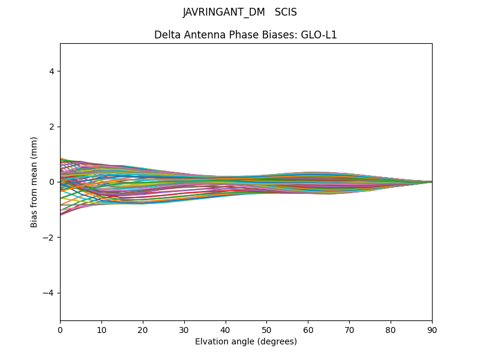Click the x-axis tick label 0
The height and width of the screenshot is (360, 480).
click(60, 329)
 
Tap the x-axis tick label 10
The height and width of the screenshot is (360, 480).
click(101, 329)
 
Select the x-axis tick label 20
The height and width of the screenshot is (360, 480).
click(143, 329)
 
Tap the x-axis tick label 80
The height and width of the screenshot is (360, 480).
click(391, 329)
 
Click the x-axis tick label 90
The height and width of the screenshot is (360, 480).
click(432, 329)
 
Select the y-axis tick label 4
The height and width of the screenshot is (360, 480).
click(52, 71)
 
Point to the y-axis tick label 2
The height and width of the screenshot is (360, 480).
click(52, 127)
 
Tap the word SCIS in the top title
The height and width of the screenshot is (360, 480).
click(286, 13)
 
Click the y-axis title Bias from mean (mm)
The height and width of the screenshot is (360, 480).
click(34, 182)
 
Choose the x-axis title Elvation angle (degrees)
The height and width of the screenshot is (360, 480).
click(246, 341)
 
